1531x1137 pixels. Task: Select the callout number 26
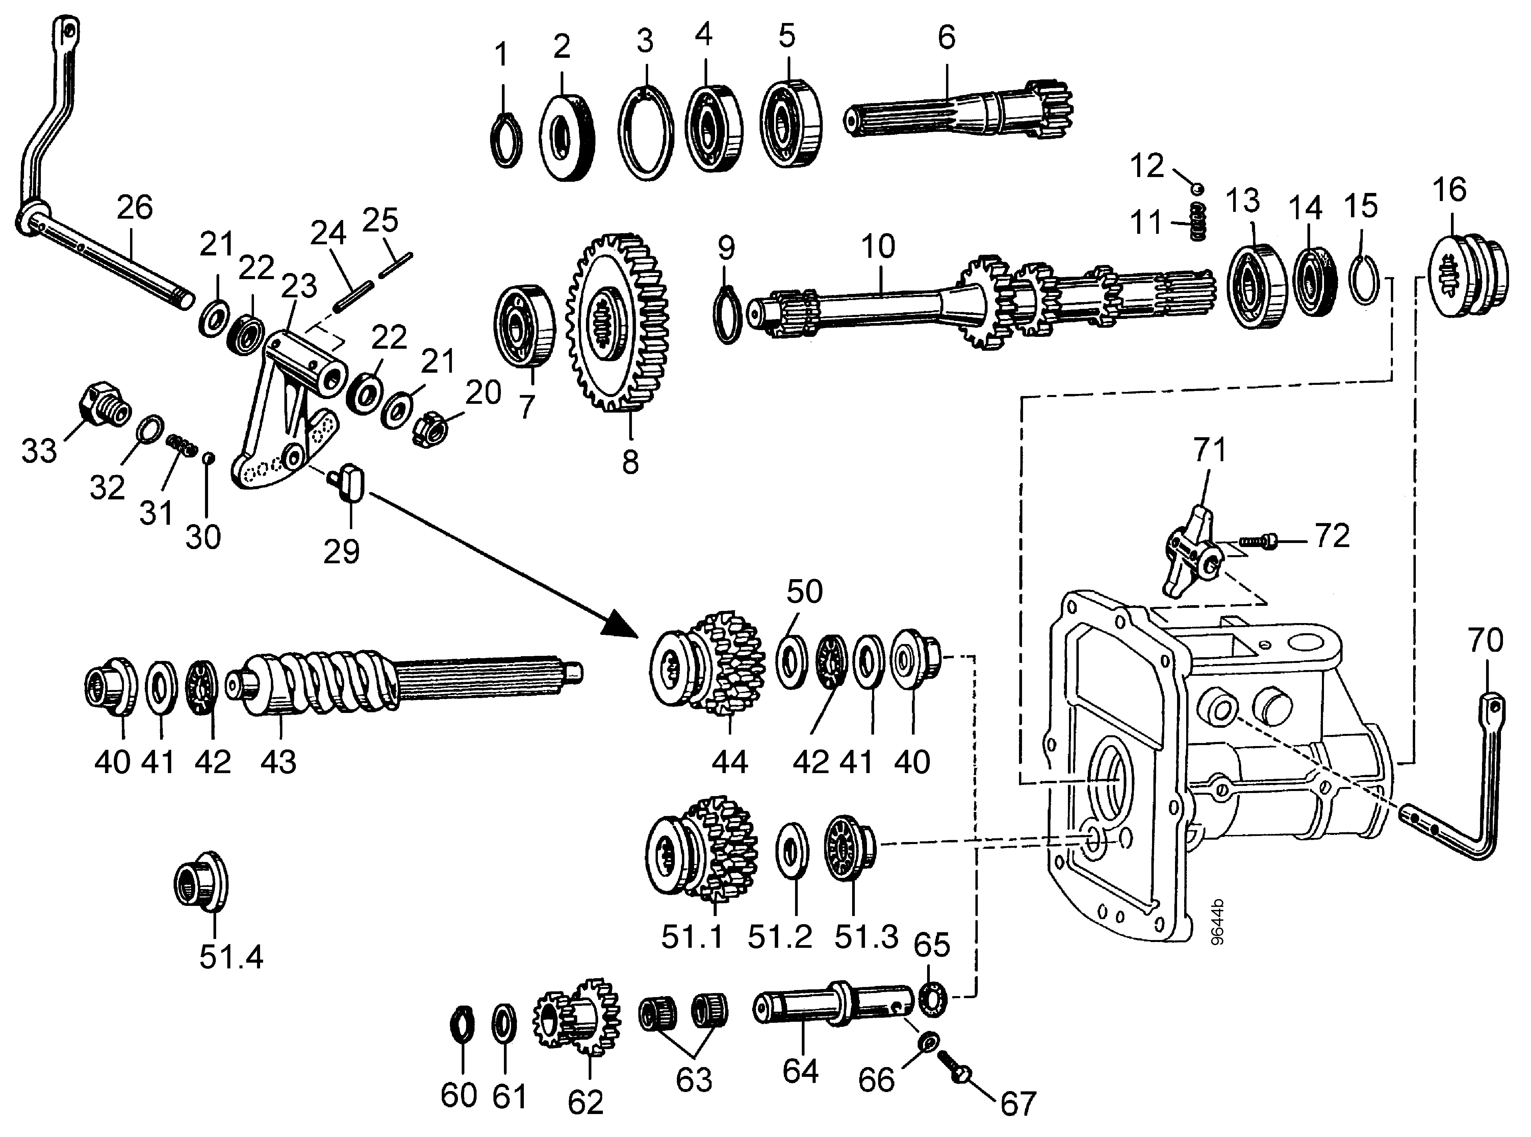click(135, 207)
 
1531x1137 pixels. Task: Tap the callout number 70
click(1486, 640)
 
